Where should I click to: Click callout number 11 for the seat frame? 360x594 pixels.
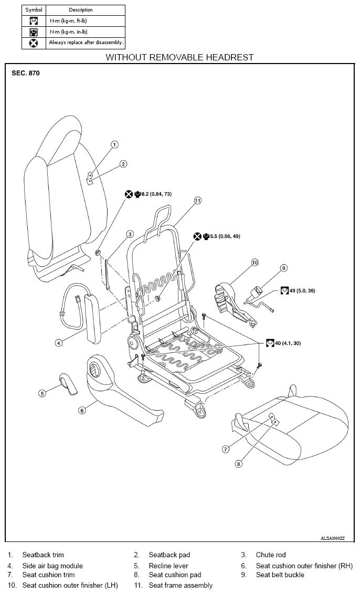pyautogui.click(x=198, y=201)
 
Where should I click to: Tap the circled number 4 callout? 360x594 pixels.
pyautogui.click(x=59, y=343)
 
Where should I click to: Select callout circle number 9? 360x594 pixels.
pyautogui.click(x=284, y=268)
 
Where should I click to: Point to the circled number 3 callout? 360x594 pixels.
pyautogui.click(x=130, y=234)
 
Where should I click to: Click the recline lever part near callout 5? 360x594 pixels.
pyautogui.click(x=68, y=383)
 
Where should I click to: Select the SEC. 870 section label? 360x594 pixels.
pyautogui.click(x=26, y=73)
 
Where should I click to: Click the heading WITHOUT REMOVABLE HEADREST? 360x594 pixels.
pyautogui.click(x=179, y=58)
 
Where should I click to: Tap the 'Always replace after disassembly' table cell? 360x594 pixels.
pyautogui.click(x=86, y=43)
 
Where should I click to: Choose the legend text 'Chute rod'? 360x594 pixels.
pyautogui.click(x=271, y=555)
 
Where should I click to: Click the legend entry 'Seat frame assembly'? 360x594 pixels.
pyautogui.click(x=181, y=585)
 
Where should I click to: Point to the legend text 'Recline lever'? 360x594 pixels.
pyautogui.click(x=168, y=566)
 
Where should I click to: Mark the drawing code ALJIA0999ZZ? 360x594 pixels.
pyautogui.click(x=333, y=538)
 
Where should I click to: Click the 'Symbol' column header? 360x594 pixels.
pyautogui.click(x=34, y=10)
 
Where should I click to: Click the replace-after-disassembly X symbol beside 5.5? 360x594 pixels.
pyautogui.click(x=197, y=236)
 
